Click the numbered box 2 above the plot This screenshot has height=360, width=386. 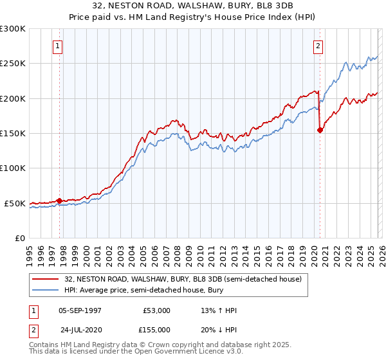(x=318, y=46)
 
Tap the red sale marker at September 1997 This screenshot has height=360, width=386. (x=60, y=201)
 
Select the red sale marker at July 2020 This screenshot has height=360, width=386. (x=320, y=130)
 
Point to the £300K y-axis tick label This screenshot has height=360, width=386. (x=13, y=29)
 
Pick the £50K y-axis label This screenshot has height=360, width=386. (x=15, y=203)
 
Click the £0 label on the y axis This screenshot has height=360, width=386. (x=20, y=238)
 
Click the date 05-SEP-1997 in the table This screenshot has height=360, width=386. (x=80, y=310)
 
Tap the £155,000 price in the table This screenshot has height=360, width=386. (x=157, y=328)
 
